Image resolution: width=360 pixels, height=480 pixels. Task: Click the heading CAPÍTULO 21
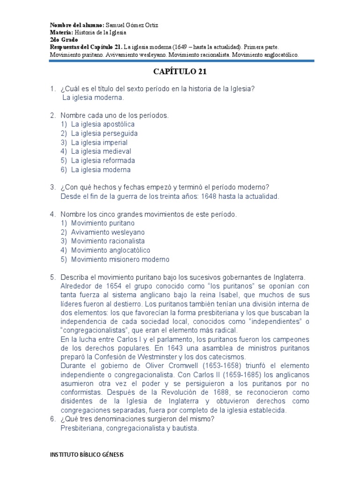180,72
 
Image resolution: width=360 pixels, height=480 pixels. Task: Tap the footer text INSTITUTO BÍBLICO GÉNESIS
87,455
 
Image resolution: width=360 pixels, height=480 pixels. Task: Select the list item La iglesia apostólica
103,124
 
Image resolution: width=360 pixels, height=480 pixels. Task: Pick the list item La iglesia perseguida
104,134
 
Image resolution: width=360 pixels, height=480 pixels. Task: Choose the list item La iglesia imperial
99,142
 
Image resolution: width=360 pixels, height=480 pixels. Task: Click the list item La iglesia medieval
101,151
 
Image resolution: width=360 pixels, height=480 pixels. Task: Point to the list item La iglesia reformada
103,161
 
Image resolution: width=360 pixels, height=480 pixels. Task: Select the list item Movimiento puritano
103,223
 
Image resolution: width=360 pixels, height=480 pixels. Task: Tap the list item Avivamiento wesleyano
108,232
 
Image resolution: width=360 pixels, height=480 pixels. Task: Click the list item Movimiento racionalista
108,241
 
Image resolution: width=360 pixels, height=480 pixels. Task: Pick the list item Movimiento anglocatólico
111,250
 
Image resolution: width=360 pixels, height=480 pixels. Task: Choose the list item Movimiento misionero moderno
120,259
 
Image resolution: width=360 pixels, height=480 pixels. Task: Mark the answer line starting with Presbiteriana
130,428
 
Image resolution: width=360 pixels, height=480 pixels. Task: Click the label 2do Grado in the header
64,40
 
